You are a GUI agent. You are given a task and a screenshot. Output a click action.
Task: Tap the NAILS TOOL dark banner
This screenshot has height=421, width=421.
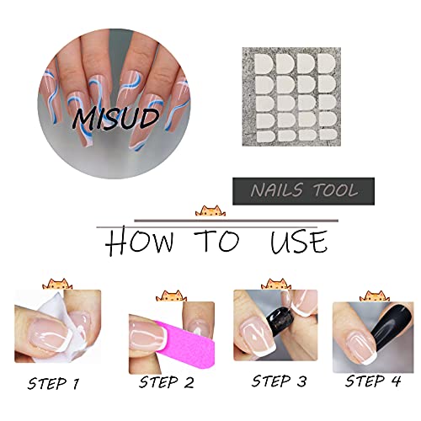pos(303,191)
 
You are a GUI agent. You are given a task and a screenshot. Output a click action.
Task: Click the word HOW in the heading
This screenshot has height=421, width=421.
pos(140,242)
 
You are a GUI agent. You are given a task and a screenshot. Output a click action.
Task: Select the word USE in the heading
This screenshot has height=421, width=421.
pos(299,242)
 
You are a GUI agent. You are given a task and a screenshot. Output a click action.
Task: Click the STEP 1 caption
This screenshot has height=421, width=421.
pos(53,383)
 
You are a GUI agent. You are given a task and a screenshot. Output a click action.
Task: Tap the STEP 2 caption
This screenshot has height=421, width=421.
pos(167,382)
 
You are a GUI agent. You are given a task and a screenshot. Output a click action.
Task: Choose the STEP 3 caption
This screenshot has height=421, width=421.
pos(280,381)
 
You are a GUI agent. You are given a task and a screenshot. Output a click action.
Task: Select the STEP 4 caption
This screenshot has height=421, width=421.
pos(373,381)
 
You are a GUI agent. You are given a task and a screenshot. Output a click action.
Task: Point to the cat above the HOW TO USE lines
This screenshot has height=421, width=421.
pos(210,211)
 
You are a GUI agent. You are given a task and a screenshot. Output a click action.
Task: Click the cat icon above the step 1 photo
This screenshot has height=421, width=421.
pos(57,285)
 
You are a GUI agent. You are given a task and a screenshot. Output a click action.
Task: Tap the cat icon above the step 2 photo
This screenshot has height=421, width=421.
pos(171,296)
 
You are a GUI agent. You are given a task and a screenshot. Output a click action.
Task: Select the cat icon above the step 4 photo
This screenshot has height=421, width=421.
pos(375,296)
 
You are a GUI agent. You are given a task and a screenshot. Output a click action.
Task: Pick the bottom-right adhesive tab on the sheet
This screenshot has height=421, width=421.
pos(328,135)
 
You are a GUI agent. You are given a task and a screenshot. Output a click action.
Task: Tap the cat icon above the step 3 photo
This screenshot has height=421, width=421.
pos(276,285)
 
